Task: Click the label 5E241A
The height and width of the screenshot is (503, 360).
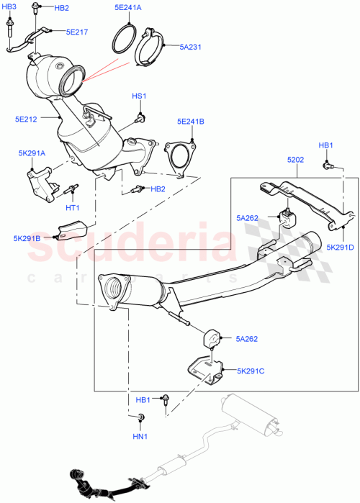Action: (128, 8)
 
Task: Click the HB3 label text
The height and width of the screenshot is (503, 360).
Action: (8, 6)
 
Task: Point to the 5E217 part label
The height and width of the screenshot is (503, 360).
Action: (77, 32)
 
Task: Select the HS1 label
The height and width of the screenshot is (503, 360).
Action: (138, 96)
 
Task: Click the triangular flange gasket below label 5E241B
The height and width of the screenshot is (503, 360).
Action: (177, 158)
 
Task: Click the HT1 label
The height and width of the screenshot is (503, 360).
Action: (73, 208)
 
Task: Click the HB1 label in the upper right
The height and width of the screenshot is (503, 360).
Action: (326, 146)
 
